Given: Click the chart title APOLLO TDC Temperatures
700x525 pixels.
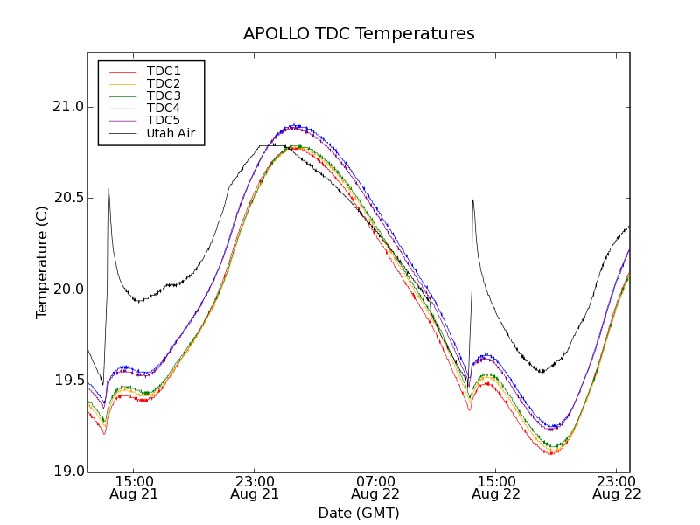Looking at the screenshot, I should (359, 34).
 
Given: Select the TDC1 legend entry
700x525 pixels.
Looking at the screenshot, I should (164, 71).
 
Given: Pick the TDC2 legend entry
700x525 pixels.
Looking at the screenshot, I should (164, 83).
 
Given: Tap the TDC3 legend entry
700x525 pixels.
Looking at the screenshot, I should (164, 95).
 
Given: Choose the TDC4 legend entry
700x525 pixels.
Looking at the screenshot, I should (164, 108).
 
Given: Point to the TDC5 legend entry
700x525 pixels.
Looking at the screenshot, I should (164, 120).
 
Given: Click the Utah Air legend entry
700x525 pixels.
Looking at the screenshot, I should (170, 133).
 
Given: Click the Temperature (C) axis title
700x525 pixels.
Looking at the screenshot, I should (42, 262).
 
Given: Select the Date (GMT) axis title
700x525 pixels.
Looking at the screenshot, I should (359, 513).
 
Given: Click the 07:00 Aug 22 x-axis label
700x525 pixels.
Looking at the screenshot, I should (375, 487).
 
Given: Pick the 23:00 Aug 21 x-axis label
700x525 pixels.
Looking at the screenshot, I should (255, 487).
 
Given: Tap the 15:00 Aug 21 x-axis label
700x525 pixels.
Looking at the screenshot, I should (134, 487).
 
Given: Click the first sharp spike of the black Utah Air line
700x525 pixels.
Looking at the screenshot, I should (108, 189).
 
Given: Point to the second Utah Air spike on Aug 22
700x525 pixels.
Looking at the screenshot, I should (472, 200).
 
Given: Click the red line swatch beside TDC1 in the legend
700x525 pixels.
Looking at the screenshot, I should (122, 71).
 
